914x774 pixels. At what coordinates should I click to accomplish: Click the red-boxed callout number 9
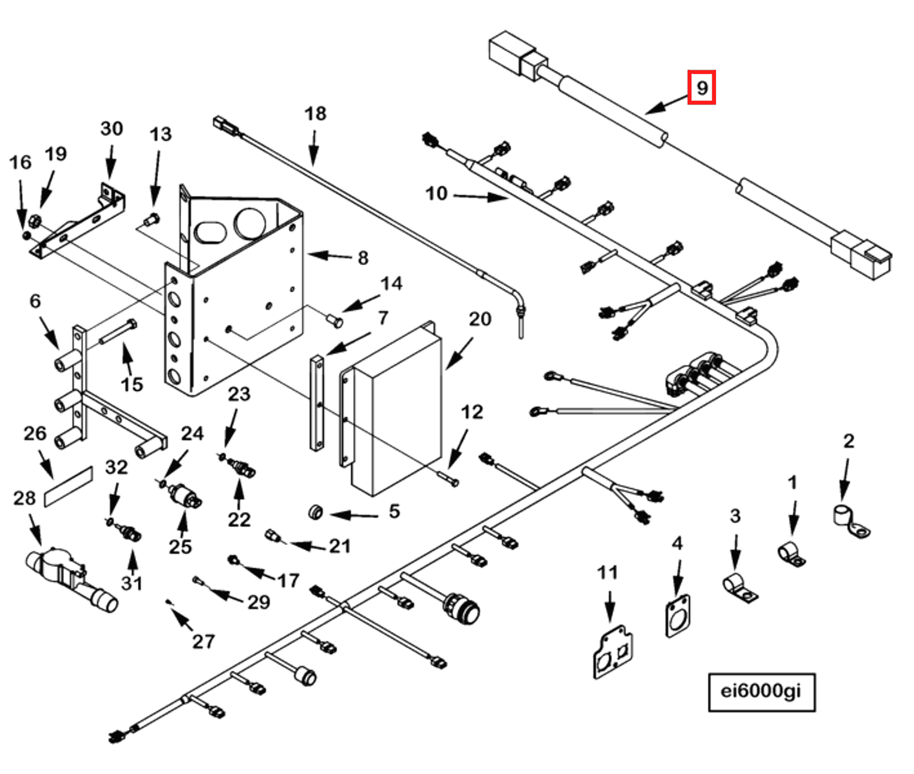(701, 87)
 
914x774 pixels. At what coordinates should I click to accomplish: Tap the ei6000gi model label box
(761, 691)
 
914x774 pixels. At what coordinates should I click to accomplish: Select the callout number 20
(479, 319)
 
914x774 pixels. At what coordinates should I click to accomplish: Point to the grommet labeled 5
(315, 512)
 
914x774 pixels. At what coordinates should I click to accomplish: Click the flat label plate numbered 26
(69, 486)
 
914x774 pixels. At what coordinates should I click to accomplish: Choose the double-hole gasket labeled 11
(613, 653)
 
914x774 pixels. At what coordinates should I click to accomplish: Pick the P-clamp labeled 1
(791, 554)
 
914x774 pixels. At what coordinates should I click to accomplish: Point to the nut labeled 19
(34, 221)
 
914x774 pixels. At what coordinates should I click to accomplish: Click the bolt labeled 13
(152, 220)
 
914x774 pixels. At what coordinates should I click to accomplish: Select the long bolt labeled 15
(117, 333)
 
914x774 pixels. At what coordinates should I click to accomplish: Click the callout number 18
(315, 114)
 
